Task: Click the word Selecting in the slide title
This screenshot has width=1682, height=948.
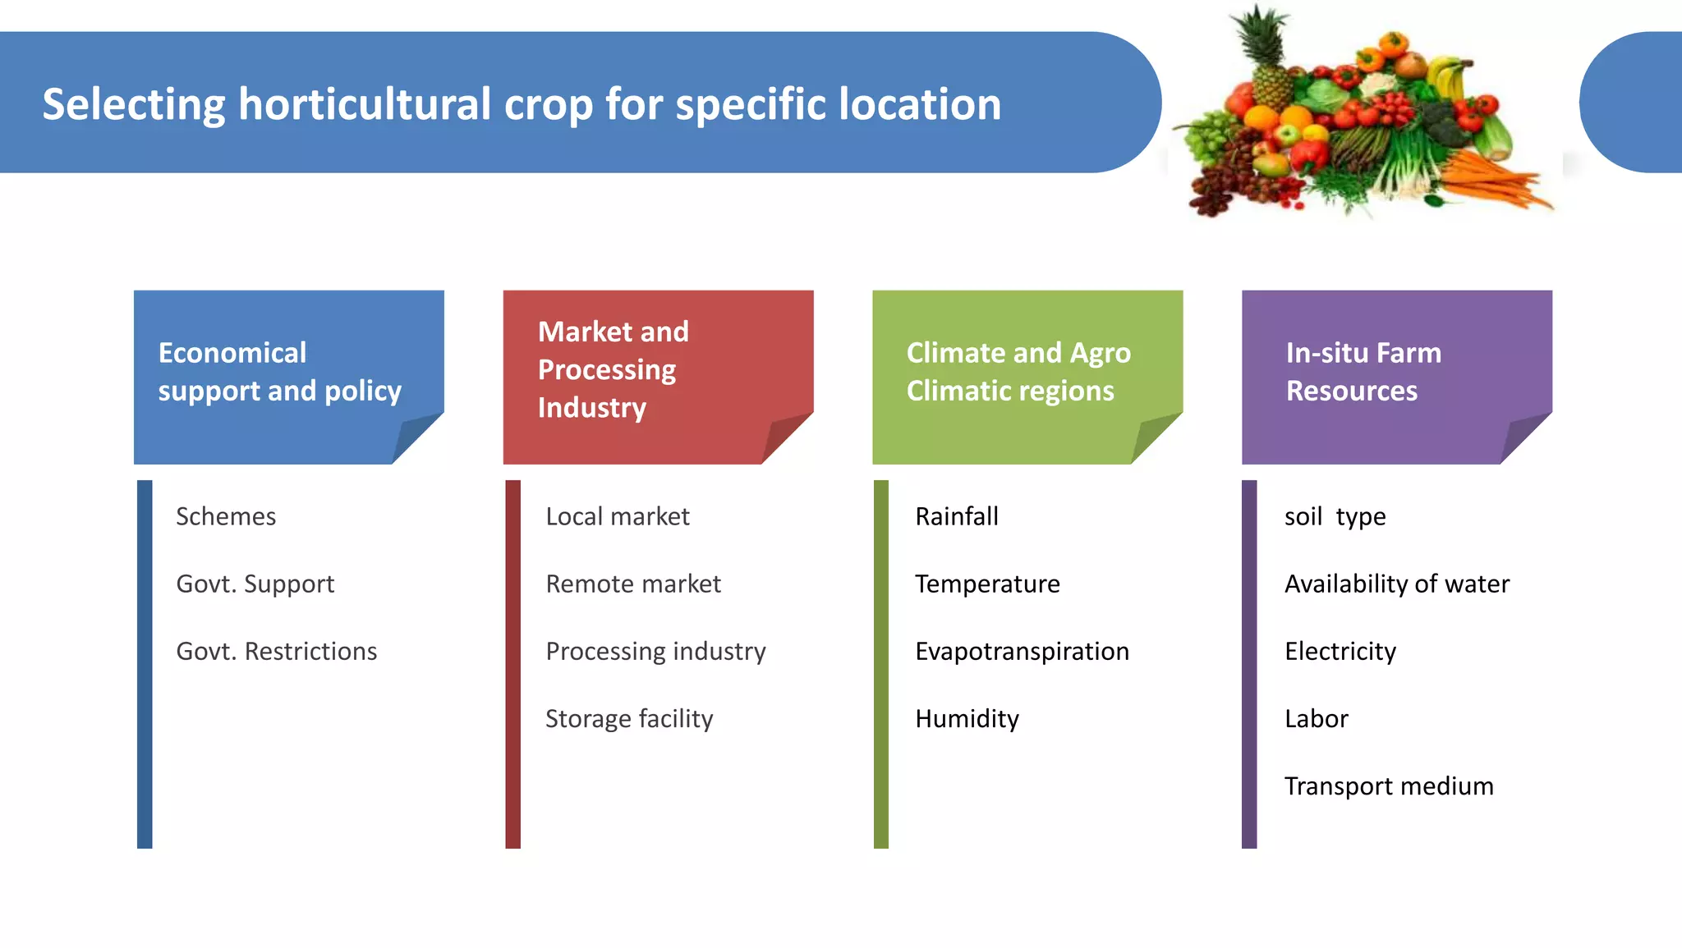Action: click(133, 105)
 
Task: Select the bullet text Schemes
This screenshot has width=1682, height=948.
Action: click(226, 516)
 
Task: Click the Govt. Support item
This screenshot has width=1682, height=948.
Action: click(255, 584)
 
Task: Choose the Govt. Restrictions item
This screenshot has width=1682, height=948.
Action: click(277, 651)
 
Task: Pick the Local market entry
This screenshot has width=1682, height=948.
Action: click(618, 516)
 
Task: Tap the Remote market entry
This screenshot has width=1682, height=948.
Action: click(633, 584)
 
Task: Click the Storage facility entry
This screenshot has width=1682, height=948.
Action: click(629, 718)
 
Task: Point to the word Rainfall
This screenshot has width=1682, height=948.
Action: click(957, 516)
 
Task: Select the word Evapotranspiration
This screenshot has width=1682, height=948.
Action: click(1022, 651)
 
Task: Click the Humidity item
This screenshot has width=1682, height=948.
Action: click(967, 718)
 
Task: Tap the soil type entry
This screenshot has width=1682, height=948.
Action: click(1335, 516)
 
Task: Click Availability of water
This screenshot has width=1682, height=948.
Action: click(1396, 584)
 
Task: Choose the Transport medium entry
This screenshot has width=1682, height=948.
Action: click(1388, 785)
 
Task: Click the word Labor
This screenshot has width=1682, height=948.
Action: click(1316, 718)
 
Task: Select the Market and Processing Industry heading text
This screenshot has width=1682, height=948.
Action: click(613, 369)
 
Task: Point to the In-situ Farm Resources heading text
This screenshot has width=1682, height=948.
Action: click(1363, 372)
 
